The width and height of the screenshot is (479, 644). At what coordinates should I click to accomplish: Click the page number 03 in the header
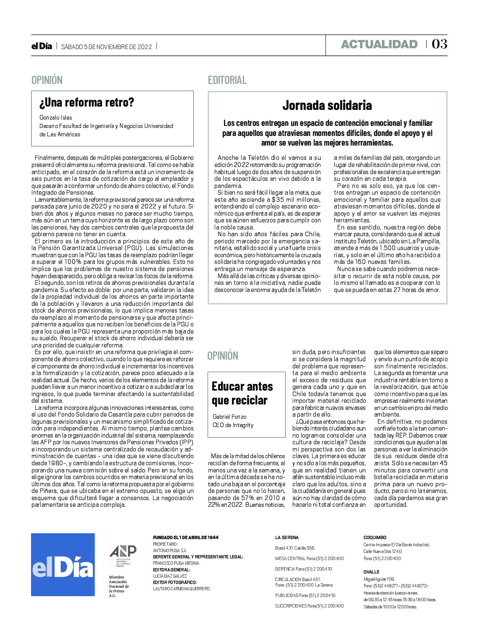439,44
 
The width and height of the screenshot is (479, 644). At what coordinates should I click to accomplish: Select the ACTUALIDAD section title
379,44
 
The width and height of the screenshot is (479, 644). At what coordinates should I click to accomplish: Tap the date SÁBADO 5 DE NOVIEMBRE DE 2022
107,47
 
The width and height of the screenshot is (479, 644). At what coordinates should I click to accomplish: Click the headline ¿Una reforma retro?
87,102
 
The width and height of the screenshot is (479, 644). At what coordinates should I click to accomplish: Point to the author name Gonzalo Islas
56,117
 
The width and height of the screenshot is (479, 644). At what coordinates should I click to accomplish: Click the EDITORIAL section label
227,80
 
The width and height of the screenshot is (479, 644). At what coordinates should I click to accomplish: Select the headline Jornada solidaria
327,105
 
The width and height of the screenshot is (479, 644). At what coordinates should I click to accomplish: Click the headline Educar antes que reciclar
242,393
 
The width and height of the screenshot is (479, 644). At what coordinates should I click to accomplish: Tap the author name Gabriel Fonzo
229,417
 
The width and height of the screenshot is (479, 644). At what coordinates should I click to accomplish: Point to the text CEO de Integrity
233,425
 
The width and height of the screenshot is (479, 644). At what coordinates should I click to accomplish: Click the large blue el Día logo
63,564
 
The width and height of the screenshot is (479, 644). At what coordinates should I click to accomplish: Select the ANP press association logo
123,555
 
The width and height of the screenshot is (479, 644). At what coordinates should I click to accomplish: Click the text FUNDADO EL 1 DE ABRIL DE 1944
185,537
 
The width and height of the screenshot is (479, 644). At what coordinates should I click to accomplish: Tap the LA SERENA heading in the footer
287,537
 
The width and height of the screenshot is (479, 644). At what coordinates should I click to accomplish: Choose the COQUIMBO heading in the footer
375,537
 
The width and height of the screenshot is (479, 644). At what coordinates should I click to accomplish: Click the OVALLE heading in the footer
371,572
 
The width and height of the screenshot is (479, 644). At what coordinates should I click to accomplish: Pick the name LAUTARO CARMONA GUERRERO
181,589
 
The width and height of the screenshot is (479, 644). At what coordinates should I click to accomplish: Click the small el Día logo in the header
42,46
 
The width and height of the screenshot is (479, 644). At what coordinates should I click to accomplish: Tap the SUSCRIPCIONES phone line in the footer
309,606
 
